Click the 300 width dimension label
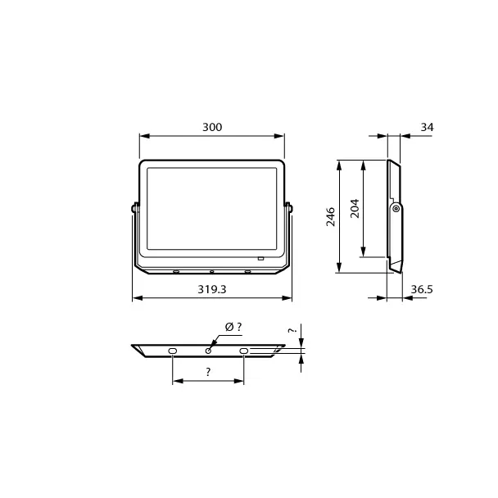(x=212, y=127)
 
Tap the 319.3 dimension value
(x=212, y=289)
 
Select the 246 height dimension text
(x=331, y=216)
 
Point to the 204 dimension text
(x=355, y=208)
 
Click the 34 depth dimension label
(x=427, y=127)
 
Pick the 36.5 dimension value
(x=422, y=289)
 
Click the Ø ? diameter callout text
(x=233, y=327)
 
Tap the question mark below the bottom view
(x=208, y=372)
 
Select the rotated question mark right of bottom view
(x=292, y=330)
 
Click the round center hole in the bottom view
(x=208, y=351)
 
